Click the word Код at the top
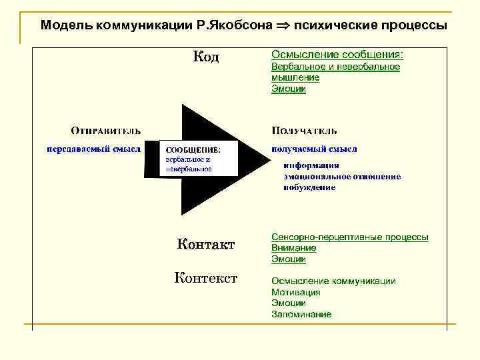206,58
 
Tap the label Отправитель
106,131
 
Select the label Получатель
305,131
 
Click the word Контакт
206,245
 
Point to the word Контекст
206,277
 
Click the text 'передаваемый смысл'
93,149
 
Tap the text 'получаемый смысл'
315,149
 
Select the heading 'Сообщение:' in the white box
193,150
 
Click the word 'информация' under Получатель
311,166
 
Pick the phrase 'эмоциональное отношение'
342,177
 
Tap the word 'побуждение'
309,187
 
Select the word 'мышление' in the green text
295,78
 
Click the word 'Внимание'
294,248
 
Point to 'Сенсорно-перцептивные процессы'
350,237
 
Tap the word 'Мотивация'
296,292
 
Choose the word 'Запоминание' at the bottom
301,314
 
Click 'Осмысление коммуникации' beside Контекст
333,281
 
